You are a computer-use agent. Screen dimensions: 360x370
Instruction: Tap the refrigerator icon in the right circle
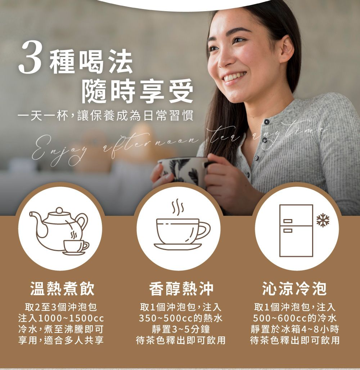pyautogui.click(x=296, y=231)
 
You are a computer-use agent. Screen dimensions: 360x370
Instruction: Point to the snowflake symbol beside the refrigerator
pyautogui.click(x=323, y=220)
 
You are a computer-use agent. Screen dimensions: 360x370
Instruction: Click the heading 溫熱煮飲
pyautogui.click(x=63, y=289)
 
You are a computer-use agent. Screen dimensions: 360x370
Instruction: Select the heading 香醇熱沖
pyautogui.click(x=181, y=289)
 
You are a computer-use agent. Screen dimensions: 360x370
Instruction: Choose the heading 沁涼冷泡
pyautogui.click(x=295, y=289)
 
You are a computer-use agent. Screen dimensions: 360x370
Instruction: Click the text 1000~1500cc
pyautogui.click(x=71, y=318)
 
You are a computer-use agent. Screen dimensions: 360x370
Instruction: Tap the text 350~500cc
pyautogui.click(x=166, y=318)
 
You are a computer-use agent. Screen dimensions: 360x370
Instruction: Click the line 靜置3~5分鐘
pyautogui.click(x=181, y=329)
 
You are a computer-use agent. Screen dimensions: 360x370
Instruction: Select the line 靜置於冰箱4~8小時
pyautogui.click(x=295, y=329)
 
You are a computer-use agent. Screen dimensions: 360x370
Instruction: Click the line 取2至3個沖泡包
pyautogui.click(x=61, y=307)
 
